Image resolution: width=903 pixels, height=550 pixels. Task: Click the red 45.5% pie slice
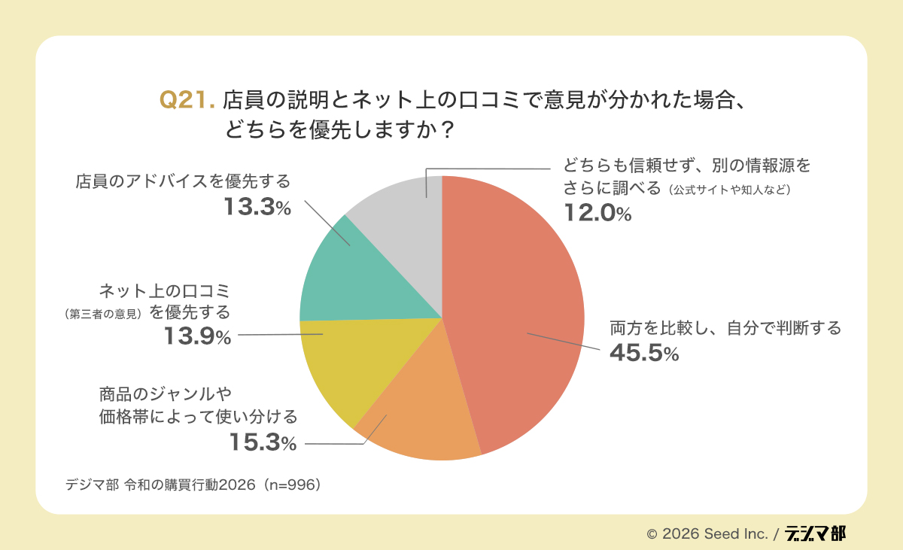point(519,316)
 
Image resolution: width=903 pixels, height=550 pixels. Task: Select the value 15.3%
point(263,442)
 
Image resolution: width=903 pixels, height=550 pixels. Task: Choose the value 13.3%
point(257,208)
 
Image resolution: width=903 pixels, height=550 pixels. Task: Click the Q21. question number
point(188,100)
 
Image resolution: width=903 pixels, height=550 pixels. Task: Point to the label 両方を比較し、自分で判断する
point(725,328)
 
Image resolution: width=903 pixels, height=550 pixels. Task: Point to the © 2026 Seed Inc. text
point(707,534)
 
